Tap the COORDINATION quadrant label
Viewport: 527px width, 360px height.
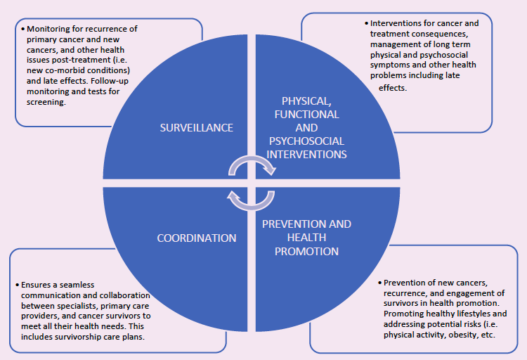click(196, 238)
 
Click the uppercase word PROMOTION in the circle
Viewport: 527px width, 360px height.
click(306, 251)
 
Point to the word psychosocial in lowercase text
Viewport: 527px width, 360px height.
click(445, 54)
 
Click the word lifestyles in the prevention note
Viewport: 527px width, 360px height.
click(467, 313)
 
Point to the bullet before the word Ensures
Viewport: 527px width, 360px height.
click(16, 285)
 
